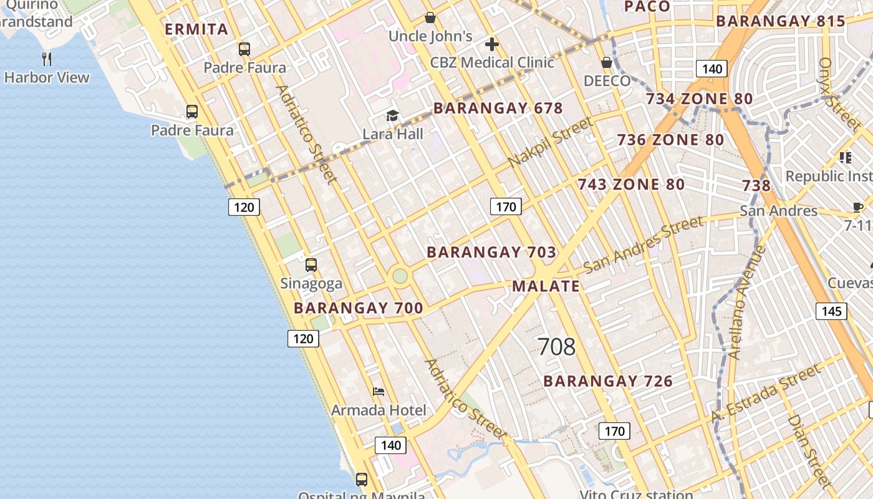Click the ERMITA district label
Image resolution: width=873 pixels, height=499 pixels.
pyautogui.click(x=196, y=29)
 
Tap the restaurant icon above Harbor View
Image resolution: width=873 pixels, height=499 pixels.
pyautogui.click(x=47, y=59)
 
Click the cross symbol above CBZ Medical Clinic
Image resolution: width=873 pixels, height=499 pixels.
pyautogui.click(x=492, y=44)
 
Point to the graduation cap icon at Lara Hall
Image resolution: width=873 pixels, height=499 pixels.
pyautogui.click(x=392, y=115)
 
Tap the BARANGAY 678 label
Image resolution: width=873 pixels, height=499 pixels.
pyautogui.click(x=498, y=108)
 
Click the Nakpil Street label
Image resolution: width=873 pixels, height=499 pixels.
pyautogui.click(x=549, y=143)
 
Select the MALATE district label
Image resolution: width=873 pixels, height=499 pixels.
pyautogui.click(x=546, y=286)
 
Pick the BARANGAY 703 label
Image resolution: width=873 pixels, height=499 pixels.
pyautogui.click(x=491, y=252)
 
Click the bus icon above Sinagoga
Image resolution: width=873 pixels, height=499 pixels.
pyautogui.click(x=311, y=265)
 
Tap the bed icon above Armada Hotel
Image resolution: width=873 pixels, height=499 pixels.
pyautogui.click(x=379, y=392)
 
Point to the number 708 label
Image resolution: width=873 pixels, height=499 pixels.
pyautogui.click(x=556, y=347)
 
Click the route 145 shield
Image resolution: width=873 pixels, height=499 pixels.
pyautogui.click(x=832, y=311)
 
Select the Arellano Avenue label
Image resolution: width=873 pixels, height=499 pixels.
pyautogui.click(x=746, y=303)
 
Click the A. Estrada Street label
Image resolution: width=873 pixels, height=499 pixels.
pyautogui.click(x=766, y=394)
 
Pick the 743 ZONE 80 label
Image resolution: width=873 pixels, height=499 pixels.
pyautogui.click(x=630, y=185)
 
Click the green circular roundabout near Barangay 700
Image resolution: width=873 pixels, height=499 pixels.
pyautogui.click(x=400, y=276)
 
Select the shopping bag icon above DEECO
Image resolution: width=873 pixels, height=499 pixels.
pyautogui.click(x=606, y=62)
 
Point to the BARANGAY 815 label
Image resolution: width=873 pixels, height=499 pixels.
pyautogui.click(x=780, y=21)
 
